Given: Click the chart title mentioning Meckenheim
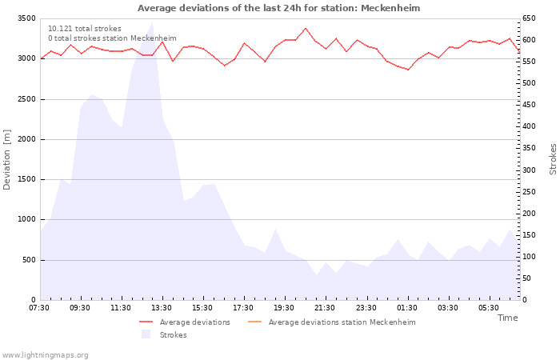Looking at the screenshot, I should point(278,8).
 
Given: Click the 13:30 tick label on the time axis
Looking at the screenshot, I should point(162,308).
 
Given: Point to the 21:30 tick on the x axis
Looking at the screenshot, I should point(325,308).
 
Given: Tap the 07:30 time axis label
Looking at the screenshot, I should point(39,308).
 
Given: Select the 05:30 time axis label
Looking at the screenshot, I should point(488,308).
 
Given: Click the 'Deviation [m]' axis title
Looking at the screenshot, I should point(7,159).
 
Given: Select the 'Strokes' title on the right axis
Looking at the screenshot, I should point(553,159).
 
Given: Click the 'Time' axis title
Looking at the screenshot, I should point(507,318).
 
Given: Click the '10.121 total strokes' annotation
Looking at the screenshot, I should point(85,29).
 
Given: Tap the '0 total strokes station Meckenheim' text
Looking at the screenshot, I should point(112,38).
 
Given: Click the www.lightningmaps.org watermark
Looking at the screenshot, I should point(46,355).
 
